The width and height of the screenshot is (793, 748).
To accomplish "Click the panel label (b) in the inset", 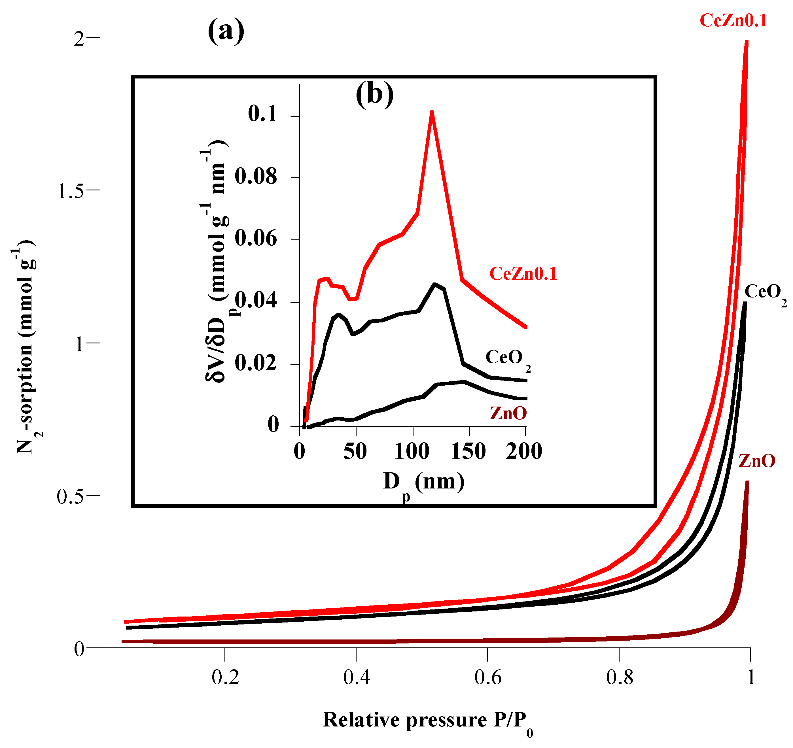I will pos(374,95).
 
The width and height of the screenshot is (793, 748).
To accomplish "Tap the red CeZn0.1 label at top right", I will pos(733,21).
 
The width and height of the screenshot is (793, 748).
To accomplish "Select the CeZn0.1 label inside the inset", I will pos(523,274).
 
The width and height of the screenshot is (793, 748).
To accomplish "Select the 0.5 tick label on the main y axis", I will pos(71,497).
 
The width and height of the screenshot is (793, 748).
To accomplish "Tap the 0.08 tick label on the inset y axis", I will pos(256,177).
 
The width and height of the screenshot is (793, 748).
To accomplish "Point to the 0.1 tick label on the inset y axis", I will pos(262,114).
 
